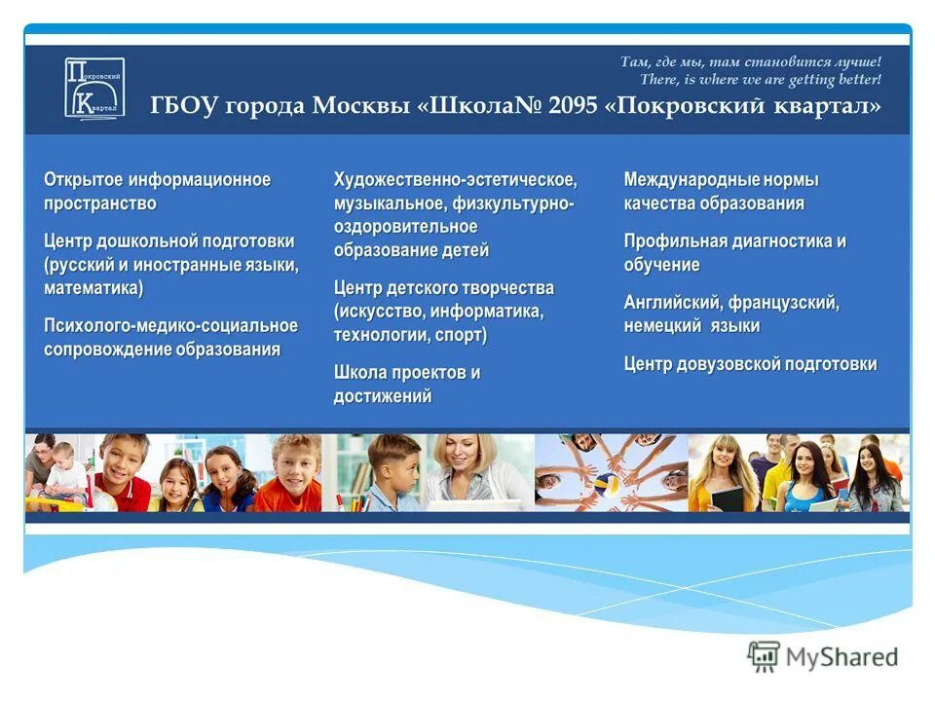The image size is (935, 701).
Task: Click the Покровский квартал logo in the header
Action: point(94,89)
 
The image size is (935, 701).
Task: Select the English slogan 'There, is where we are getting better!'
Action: point(760,79)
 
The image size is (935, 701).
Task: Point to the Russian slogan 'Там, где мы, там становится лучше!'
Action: point(750,61)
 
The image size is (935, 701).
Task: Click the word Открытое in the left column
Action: point(84,180)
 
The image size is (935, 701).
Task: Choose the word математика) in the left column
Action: point(93,288)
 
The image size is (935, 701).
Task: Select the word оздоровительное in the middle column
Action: point(405,227)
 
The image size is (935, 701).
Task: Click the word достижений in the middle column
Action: point(383,396)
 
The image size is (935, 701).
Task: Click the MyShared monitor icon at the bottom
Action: point(764,657)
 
